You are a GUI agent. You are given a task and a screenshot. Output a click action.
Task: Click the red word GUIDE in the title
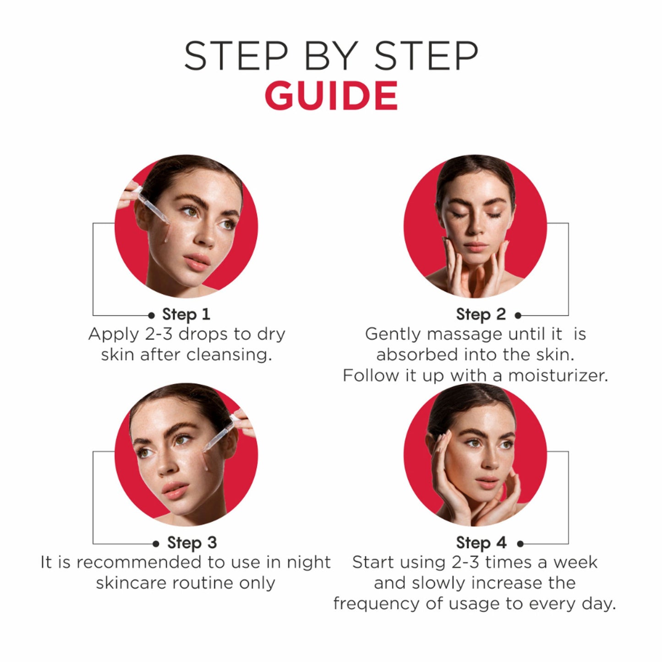click(x=331, y=95)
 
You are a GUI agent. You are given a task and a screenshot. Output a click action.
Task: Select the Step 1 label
click(x=186, y=315)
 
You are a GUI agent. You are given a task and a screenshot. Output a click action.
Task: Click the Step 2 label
click(x=481, y=315)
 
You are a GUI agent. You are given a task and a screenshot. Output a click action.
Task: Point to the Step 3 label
click(x=192, y=543)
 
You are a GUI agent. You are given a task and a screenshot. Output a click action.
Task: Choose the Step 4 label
click(x=481, y=543)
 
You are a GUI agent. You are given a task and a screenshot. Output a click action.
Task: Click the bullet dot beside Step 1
click(x=151, y=315)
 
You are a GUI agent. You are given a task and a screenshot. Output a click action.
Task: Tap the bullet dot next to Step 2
click(x=518, y=315)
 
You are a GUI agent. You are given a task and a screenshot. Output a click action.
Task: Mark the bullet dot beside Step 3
click(x=156, y=544)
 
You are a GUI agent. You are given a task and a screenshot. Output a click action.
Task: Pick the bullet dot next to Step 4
click(x=520, y=544)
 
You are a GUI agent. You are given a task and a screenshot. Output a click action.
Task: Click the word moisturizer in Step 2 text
click(x=558, y=376)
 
